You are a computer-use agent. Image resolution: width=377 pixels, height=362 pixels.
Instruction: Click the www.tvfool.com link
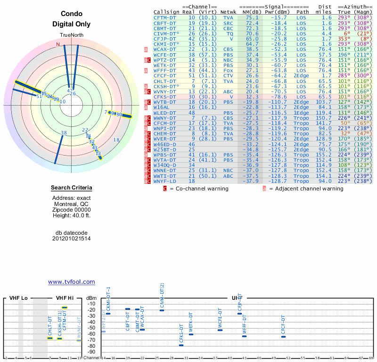71,282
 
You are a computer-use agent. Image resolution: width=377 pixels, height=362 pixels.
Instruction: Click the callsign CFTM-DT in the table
165,17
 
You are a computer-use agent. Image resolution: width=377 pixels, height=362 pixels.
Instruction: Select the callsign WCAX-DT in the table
165,49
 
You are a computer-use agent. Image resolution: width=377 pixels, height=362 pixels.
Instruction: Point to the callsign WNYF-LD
165,181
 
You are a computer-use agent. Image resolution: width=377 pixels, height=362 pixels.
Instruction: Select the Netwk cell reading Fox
229,70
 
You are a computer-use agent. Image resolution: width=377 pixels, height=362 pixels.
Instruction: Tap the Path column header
303,12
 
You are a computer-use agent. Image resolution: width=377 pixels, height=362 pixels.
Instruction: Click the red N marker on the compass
58,44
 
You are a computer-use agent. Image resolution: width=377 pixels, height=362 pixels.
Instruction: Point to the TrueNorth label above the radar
71,36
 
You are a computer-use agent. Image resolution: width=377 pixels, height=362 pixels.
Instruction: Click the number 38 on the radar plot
64,133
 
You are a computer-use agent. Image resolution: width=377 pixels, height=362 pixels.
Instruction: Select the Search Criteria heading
72,188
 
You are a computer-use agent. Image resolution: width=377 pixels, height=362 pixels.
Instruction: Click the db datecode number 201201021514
72,239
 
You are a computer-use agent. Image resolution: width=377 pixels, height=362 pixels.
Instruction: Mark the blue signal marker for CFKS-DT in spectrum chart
181,345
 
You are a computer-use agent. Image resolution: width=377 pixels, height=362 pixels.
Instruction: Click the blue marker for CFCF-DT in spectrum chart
283,337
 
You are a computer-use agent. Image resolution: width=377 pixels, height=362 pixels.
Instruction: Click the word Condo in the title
72,14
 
